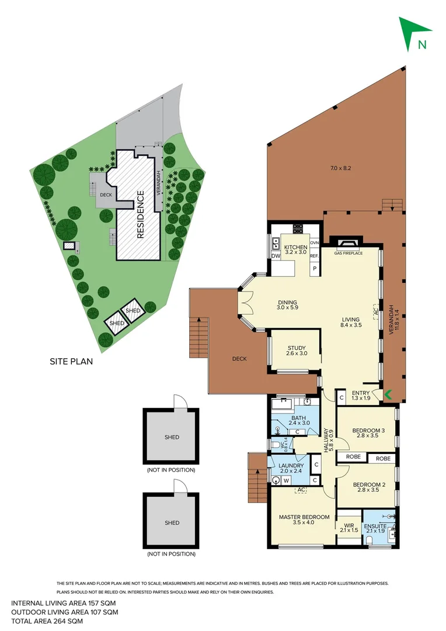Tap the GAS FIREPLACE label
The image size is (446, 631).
[349, 253]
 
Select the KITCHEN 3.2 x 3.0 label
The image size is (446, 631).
[295, 249]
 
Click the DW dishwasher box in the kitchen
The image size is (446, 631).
[276, 256]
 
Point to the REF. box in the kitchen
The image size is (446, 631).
[314, 256]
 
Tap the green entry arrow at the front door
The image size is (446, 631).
[386, 396]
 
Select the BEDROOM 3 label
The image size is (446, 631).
[368, 432]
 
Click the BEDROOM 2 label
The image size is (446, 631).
[368, 486]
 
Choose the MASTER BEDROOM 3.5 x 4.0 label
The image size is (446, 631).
[304, 519]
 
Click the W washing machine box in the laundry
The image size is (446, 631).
[287, 480]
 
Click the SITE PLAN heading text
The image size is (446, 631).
[71, 361]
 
